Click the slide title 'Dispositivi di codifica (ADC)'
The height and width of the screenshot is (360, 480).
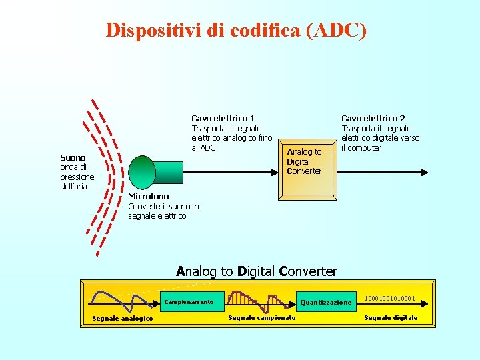coord(236,30)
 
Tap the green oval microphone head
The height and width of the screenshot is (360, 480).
coord(142,172)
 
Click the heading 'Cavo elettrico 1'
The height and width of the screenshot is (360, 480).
coord(223,118)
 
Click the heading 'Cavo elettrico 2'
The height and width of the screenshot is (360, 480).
coord(373,118)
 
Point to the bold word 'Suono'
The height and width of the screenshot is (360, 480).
coord(73,158)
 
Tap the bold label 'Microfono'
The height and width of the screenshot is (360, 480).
coord(148,196)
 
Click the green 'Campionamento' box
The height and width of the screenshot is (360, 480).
coord(189,302)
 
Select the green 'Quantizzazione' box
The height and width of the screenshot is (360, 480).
coord(325,302)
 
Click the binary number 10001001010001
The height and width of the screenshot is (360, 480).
coord(390,297)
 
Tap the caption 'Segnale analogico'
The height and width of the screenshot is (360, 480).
coord(122,318)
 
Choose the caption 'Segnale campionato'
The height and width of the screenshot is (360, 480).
coord(262,317)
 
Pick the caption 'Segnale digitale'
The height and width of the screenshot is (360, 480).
coord(391,317)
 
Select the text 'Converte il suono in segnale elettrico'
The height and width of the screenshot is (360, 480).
coord(163,211)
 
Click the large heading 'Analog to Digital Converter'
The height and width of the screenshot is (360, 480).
coord(257,271)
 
